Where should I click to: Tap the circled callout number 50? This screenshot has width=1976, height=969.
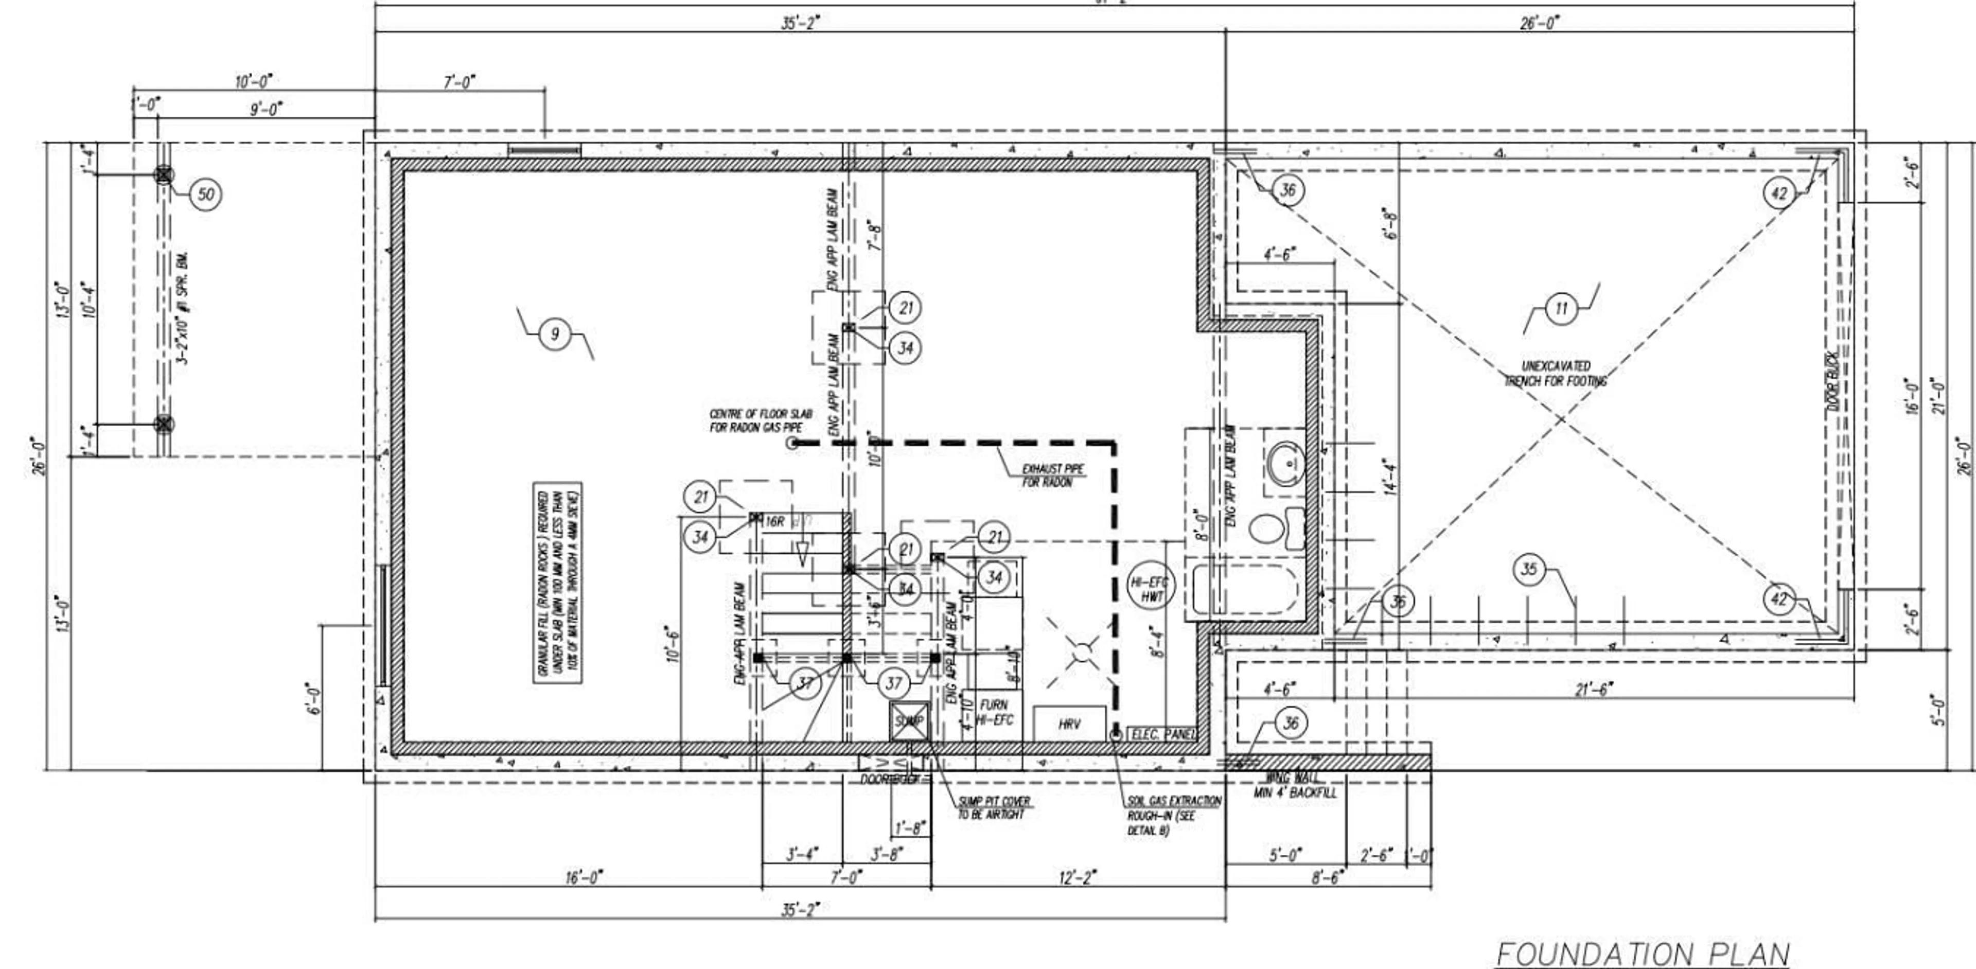[x=206, y=194]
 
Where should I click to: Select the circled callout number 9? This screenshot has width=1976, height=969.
[x=555, y=334]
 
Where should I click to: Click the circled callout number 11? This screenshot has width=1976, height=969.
[x=1561, y=309]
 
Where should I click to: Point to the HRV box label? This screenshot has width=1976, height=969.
[x=1069, y=724]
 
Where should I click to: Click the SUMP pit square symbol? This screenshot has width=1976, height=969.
[x=909, y=721]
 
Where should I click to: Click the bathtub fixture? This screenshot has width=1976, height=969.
[x=1245, y=589]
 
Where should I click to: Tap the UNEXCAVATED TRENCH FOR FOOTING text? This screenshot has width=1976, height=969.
[x=1556, y=373]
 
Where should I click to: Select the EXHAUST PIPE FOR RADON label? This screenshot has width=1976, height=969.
[x=1052, y=475]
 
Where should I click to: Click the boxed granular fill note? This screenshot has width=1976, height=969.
[x=558, y=583]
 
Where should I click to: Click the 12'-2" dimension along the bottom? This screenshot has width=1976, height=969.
[x=1077, y=877]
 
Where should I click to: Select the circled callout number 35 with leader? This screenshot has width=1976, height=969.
[x=1529, y=569]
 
